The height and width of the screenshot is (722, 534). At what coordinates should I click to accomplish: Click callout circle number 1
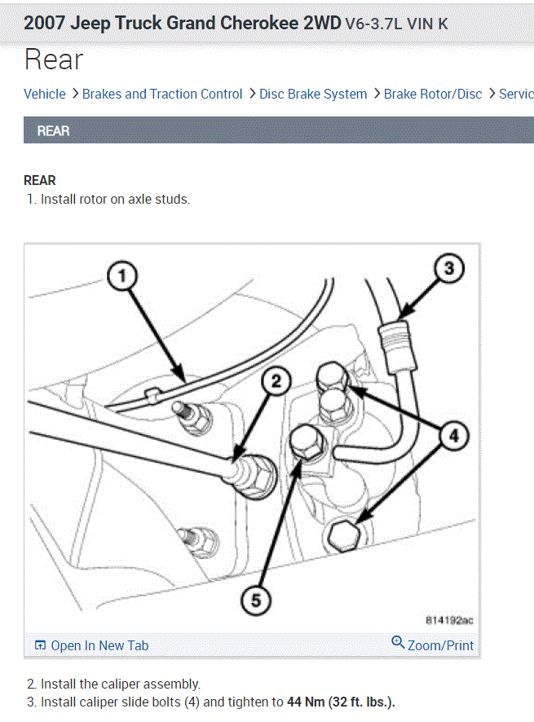[x=122, y=277]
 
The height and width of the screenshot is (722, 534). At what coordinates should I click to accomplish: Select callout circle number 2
[x=276, y=381]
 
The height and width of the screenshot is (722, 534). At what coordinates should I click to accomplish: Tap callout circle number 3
[x=448, y=267]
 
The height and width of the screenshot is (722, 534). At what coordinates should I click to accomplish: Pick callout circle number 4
[x=454, y=437]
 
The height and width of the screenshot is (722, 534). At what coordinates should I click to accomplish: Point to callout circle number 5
[x=255, y=601]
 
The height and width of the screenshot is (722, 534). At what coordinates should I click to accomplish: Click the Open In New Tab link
[x=99, y=645]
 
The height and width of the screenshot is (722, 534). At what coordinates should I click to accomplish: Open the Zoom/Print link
[x=440, y=645]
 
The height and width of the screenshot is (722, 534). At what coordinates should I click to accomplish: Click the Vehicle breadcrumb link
[x=45, y=94]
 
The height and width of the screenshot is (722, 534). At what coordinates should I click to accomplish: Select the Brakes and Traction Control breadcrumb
[x=162, y=94]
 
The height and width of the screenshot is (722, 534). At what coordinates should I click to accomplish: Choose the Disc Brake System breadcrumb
[x=313, y=94]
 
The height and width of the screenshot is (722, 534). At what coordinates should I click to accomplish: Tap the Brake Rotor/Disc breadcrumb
[x=433, y=94]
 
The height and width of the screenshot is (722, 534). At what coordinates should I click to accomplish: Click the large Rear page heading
[x=54, y=59]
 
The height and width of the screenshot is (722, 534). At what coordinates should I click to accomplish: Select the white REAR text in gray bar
[x=54, y=130]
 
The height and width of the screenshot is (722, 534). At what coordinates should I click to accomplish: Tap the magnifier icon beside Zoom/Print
[x=398, y=643]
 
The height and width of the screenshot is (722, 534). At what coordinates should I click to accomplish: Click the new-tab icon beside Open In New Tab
[x=41, y=645]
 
